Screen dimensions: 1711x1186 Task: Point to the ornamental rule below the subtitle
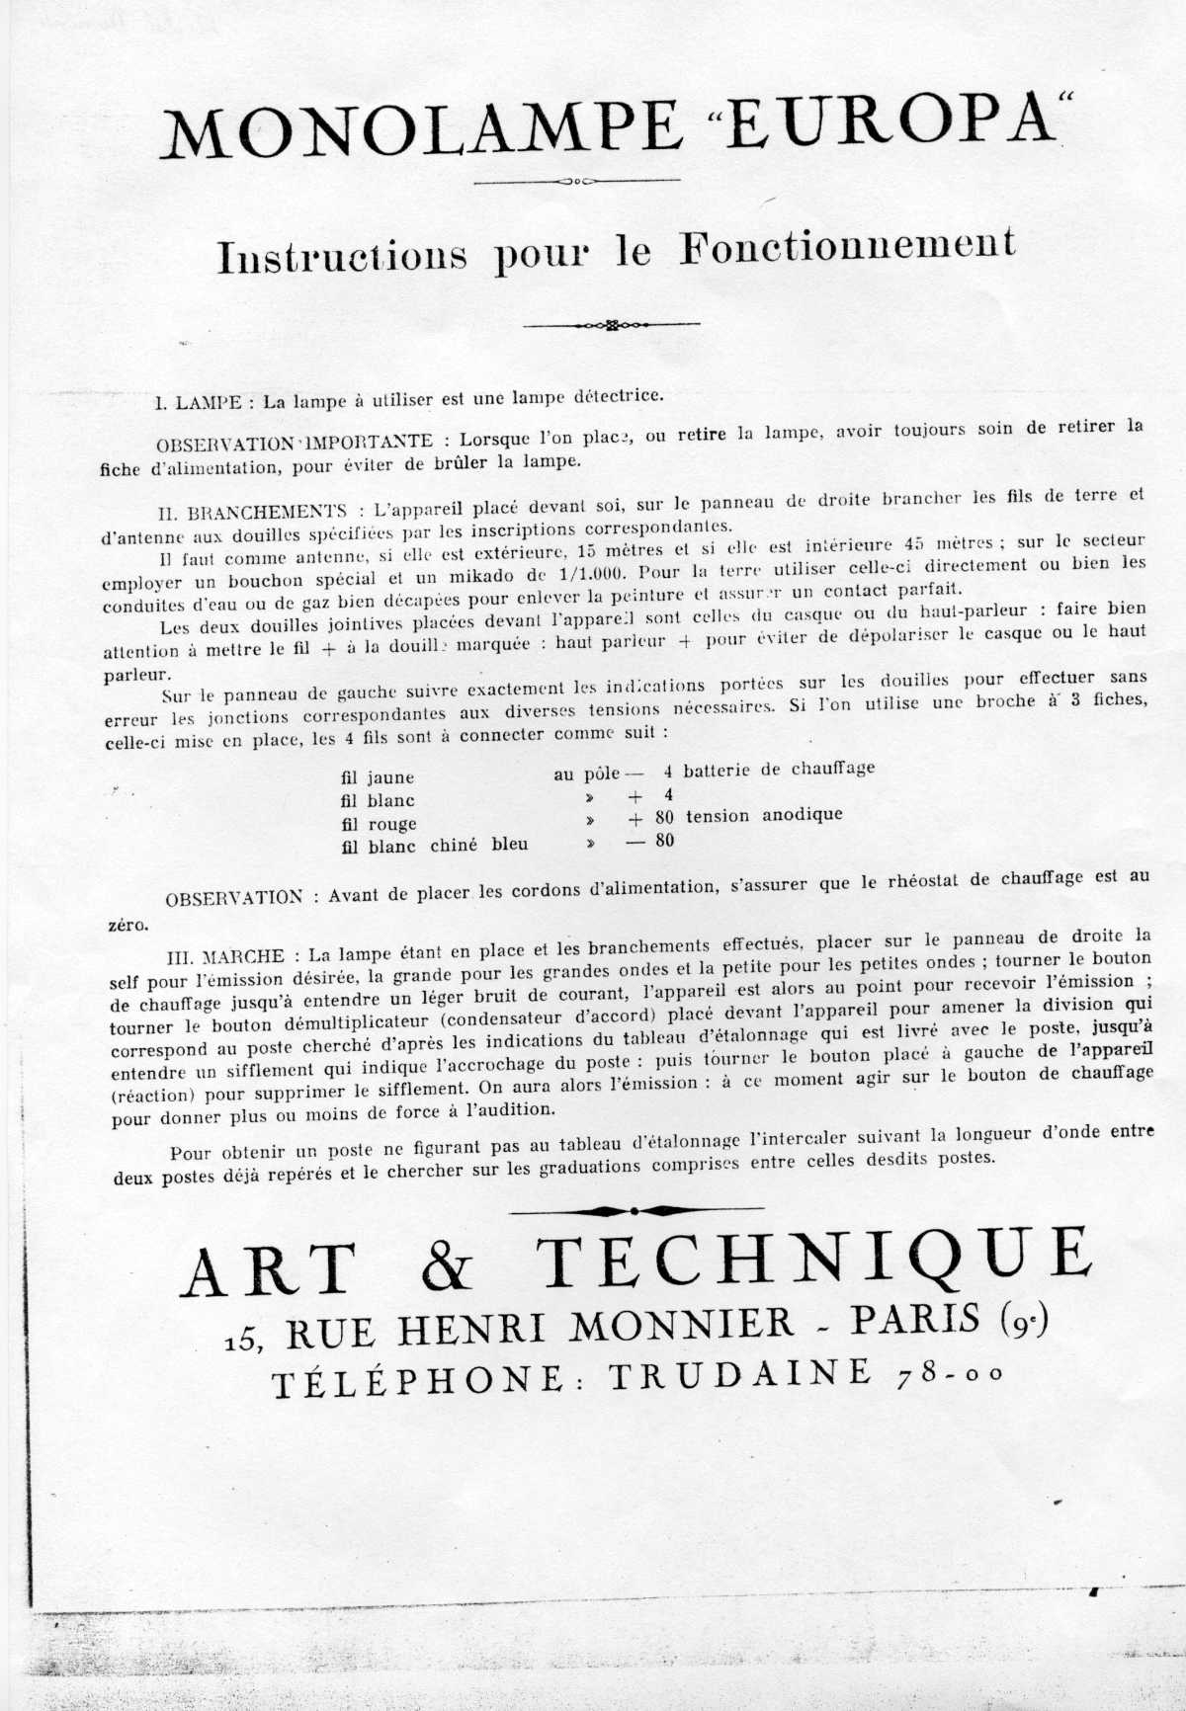(x=611, y=324)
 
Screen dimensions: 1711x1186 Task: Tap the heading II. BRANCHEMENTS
(x=252, y=512)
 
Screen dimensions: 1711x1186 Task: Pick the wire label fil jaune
(x=378, y=777)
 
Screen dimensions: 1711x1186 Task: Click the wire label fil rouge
(x=379, y=824)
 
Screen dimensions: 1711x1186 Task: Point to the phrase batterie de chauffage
(x=779, y=769)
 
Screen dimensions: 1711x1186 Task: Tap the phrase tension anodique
(x=764, y=815)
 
